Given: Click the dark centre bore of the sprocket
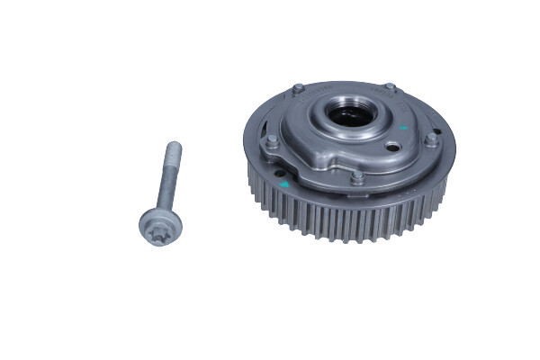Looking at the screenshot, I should point(346,114).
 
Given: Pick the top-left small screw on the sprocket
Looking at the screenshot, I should point(298,88).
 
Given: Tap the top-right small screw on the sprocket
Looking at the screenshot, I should point(390,88).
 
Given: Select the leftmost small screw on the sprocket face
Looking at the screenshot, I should point(271,140).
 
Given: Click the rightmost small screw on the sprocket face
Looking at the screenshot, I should point(431,139).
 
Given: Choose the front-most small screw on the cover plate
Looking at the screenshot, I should point(357,177).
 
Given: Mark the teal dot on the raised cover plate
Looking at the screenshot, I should point(402,128).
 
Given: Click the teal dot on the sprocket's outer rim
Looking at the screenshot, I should point(284,184).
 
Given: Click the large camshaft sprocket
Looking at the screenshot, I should point(349,162).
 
